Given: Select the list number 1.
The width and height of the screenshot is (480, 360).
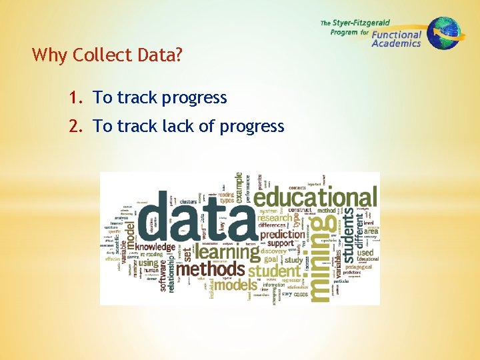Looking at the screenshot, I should click(x=75, y=98).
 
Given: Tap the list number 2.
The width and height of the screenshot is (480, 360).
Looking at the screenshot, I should click(x=75, y=126).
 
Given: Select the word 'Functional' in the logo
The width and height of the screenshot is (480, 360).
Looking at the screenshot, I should click(x=397, y=35).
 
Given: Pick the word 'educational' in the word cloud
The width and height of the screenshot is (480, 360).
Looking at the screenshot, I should click(x=315, y=198).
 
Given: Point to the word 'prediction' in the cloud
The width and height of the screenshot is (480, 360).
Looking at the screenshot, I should click(x=282, y=235).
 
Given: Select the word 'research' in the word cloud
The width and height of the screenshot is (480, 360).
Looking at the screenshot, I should click(x=275, y=217).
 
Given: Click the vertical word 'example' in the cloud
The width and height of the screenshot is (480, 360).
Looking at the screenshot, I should click(x=239, y=189).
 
